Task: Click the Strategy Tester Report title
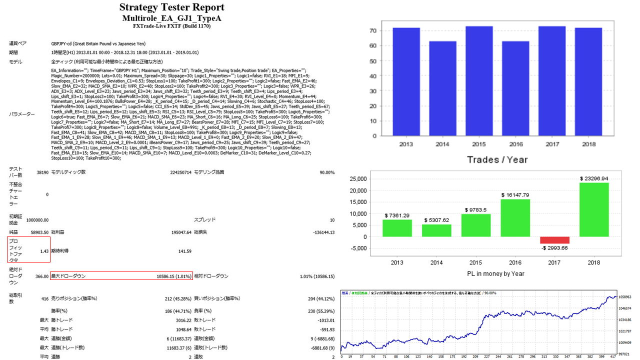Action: click(172, 7)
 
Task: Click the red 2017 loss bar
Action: click(555, 240)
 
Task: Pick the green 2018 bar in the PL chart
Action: click(594, 209)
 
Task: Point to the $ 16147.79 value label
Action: click(515, 195)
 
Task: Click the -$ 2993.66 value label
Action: click(555, 248)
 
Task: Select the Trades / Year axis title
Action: click(497, 159)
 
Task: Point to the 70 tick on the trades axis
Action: click(372, 31)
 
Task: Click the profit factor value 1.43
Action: click(44, 251)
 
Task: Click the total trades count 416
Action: click(45, 298)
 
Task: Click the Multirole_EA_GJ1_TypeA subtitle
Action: click(171, 18)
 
